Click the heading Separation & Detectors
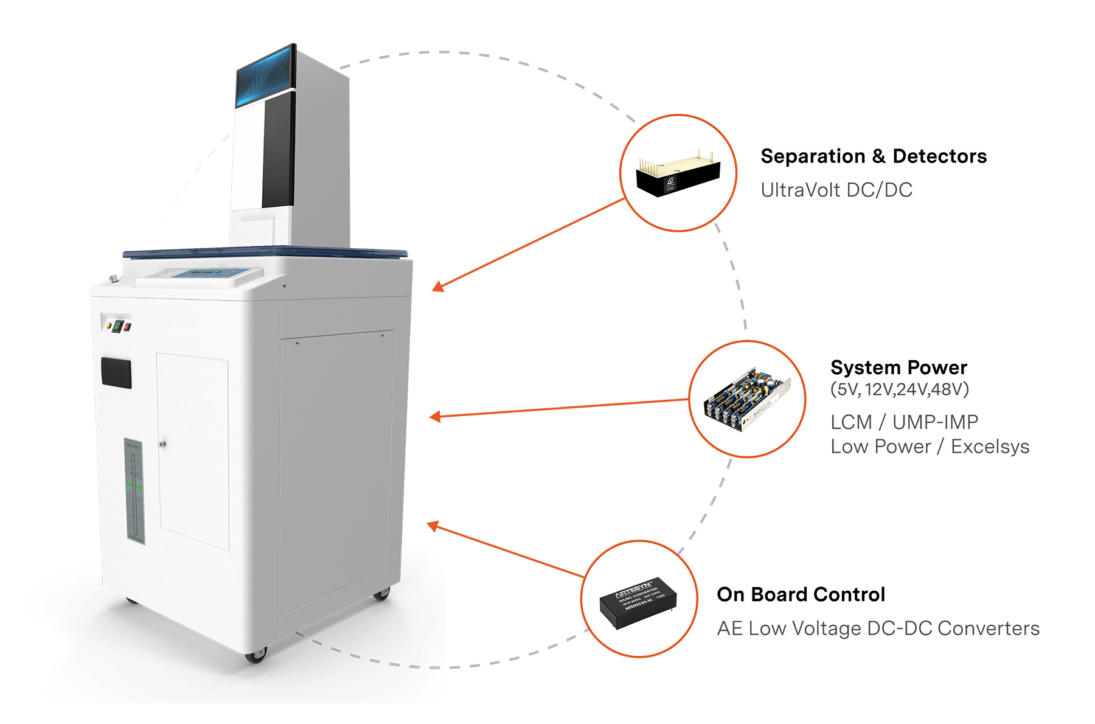[873, 157]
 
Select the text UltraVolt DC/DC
[836, 190]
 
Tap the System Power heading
[899, 368]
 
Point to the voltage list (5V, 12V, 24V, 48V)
[899, 389]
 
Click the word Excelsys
[990, 447]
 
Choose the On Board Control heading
[801, 595]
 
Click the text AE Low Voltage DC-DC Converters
[878, 628]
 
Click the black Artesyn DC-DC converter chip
[638, 599]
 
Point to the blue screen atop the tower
[265, 77]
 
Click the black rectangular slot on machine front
[116, 372]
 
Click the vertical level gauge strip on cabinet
[134, 490]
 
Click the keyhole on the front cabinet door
[162, 444]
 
